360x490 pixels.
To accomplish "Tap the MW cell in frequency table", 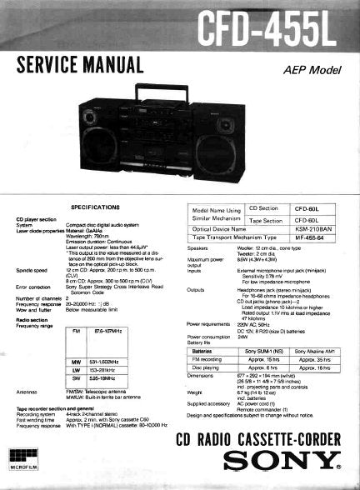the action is pos(77,362).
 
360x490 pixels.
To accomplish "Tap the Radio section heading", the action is pos(31,319).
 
